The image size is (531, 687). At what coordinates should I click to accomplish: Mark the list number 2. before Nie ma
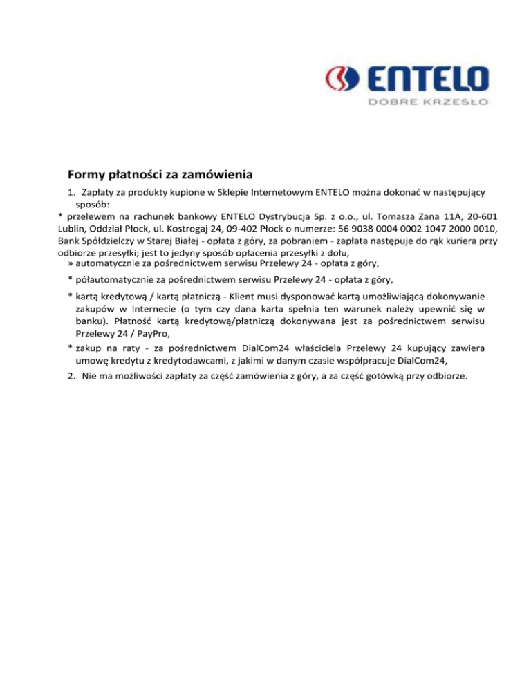pyautogui.click(x=71, y=377)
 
